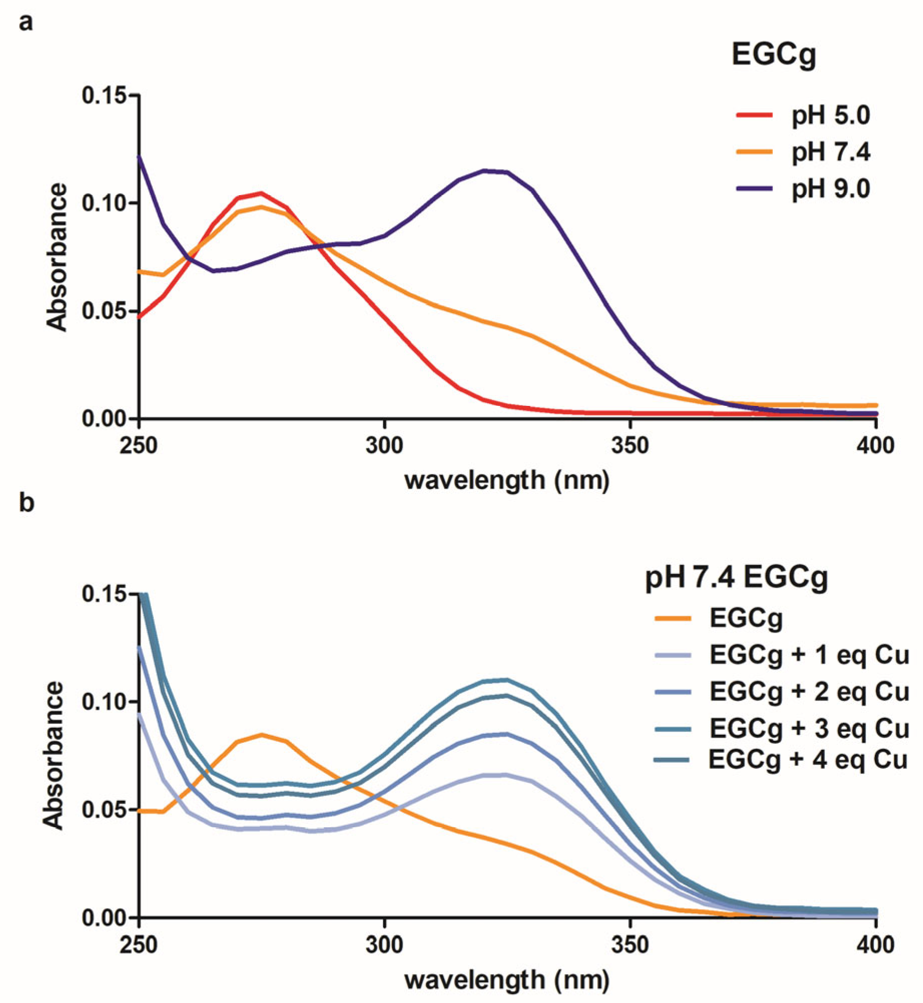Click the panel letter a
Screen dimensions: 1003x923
click(x=26, y=23)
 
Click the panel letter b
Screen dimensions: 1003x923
click(x=27, y=503)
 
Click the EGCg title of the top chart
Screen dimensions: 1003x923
click(x=774, y=55)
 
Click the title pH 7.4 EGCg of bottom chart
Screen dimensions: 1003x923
click(x=736, y=578)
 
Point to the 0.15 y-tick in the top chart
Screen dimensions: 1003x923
click(x=103, y=95)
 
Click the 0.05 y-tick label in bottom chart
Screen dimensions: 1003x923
click(x=103, y=810)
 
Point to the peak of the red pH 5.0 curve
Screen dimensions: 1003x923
click(x=261, y=193)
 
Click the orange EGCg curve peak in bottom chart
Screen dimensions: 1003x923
click(x=262, y=735)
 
